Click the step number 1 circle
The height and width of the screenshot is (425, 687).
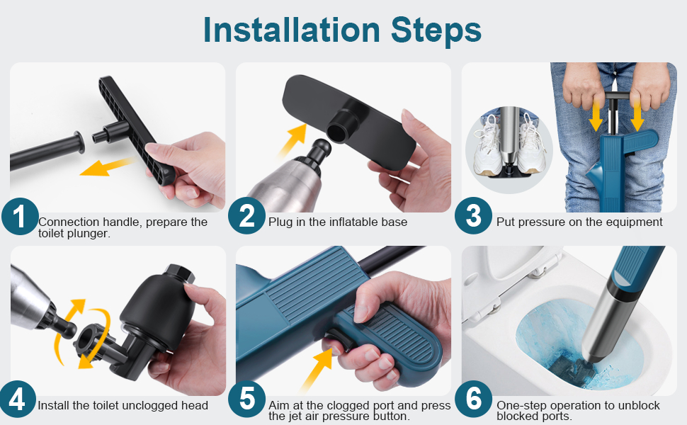[20, 217]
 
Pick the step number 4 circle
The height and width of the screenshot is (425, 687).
[18, 400]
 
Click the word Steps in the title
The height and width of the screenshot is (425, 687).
[433, 30]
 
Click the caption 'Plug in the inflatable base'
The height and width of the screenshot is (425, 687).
[338, 222]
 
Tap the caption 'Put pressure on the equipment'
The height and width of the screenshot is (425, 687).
[579, 222]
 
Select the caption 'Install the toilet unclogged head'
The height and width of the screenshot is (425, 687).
[123, 406]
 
